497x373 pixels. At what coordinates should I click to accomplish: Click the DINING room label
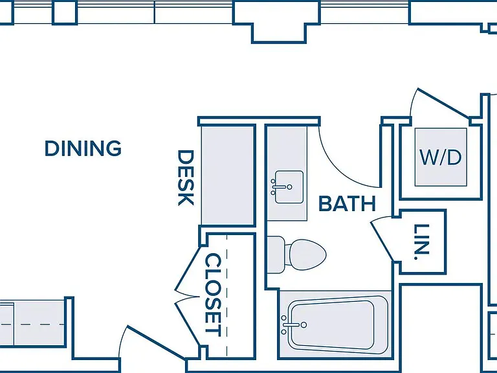pyautogui.click(x=83, y=148)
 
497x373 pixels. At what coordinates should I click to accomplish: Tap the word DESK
pyautogui.click(x=186, y=177)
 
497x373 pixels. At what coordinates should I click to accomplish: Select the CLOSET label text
pyautogui.click(x=213, y=295)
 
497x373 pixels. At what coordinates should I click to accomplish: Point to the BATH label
pyautogui.click(x=347, y=203)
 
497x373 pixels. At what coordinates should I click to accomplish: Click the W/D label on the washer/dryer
pyautogui.click(x=441, y=157)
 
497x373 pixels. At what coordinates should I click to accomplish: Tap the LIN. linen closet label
pyautogui.click(x=422, y=242)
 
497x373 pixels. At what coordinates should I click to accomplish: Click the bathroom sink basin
pyautogui.click(x=289, y=186)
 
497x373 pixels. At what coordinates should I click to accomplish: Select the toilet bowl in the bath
pyautogui.click(x=305, y=254)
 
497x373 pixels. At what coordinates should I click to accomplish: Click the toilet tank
pyautogui.click(x=276, y=254)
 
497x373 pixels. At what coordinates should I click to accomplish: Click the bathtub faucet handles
pyautogui.click(x=293, y=325)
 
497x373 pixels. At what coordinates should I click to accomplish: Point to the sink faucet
pyautogui.click(x=281, y=187)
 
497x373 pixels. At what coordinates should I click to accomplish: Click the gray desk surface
pyautogui.click(x=227, y=175)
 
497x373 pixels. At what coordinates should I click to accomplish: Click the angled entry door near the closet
pyautogui.click(x=156, y=343)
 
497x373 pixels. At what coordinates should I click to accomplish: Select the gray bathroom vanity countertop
pyautogui.click(x=287, y=173)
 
